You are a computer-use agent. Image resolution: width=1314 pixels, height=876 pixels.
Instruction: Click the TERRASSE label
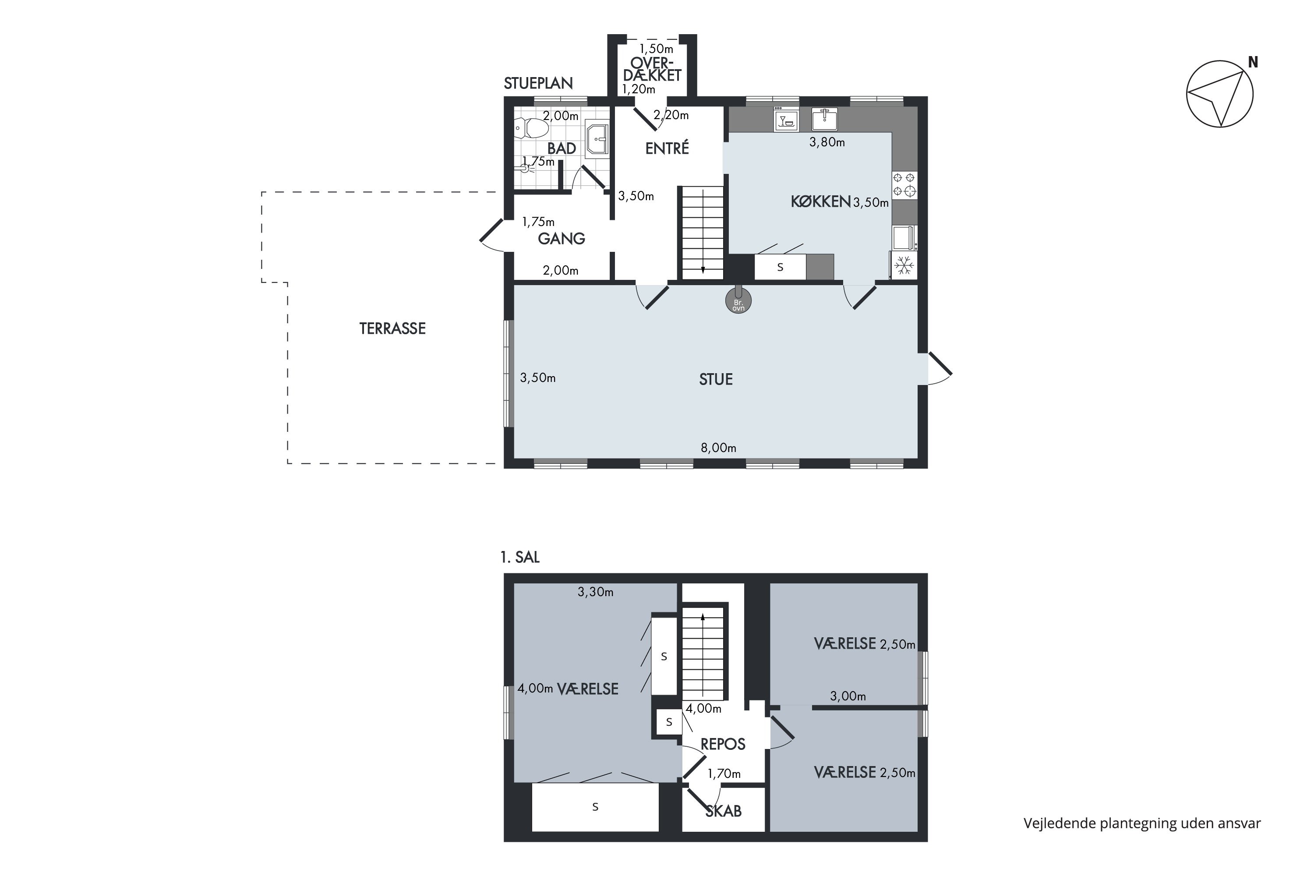pyautogui.click(x=392, y=328)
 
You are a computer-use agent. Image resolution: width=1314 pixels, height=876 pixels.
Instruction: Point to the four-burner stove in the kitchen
pyautogui.click(x=904, y=185)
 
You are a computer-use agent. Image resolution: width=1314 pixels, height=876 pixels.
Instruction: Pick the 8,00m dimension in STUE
pyautogui.click(x=718, y=448)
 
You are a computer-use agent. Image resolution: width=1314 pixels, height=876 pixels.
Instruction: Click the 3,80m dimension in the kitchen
pyautogui.click(x=827, y=142)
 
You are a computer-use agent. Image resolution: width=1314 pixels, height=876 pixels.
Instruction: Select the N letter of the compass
pyautogui.click(x=1253, y=63)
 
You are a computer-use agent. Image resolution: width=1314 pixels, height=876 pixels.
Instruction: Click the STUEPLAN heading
pyautogui.click(x=538, y=83)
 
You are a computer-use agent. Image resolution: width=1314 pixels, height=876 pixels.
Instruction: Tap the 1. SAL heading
pyautogui.click(x=520, y=558)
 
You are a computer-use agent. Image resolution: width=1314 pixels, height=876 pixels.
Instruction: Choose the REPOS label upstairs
pyautogui.click(x=723, y=744)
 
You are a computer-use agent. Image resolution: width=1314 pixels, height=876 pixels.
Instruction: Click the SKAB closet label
pyautogui.click(x=724, y=811)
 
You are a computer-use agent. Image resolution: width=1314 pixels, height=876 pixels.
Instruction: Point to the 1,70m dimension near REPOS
pyautogui.click(x=724, y=774)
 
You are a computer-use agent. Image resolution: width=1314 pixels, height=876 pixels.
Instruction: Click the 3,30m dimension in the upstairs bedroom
pyautogui.click(x=596, y=592)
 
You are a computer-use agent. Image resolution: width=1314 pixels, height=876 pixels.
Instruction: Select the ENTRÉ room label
pyautogui.click(x=667, y=148)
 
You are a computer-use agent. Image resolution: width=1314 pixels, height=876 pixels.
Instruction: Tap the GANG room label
pyautogui.click(x=562, y=239)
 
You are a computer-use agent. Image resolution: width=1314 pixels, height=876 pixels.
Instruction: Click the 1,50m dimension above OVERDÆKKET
pyautogui.click(x=657, y=49)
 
